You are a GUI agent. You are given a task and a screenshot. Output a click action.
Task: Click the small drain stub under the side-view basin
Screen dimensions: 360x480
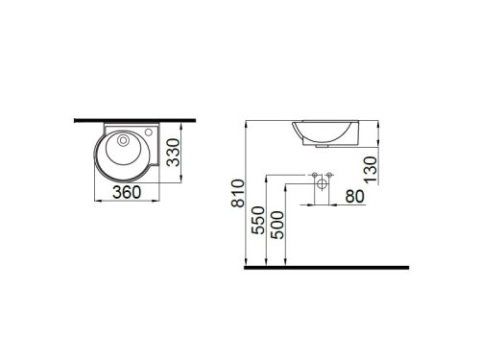click(x=321, y=147)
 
